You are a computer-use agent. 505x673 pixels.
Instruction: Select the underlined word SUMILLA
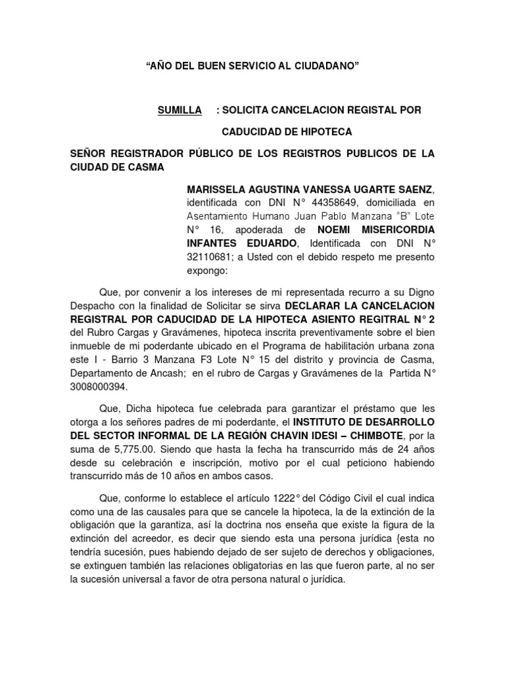tap(180, 110)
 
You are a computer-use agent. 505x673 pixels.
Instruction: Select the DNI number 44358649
tap(295, 202)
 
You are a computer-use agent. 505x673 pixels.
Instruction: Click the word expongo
tap(207, 271)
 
